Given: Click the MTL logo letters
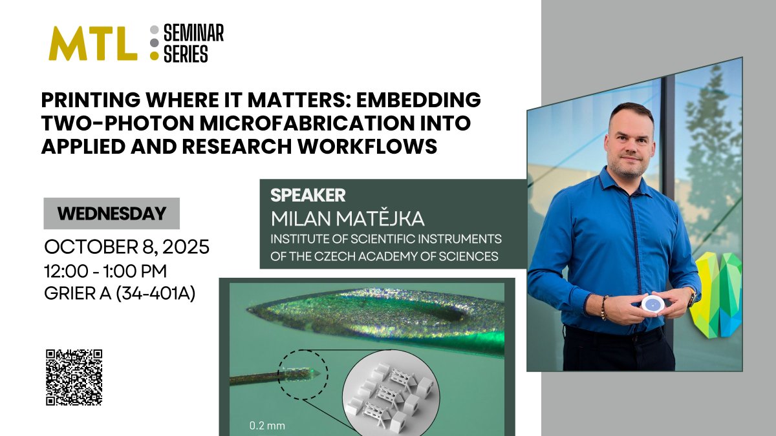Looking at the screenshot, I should [x=92, y=44].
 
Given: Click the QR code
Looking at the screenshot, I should [x=74, y=377].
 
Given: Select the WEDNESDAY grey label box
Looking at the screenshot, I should [x=111, y=214].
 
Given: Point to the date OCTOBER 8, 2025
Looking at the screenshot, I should [x=126, y=248].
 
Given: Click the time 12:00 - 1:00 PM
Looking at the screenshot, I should [x=105, y=271].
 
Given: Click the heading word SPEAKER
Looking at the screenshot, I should [x=307, y=195].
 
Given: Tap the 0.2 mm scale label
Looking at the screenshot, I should [x=267, y=426].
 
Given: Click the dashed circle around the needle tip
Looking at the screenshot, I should [x=304, y=372].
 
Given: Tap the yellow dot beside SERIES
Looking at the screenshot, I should [x=154, y=56].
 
